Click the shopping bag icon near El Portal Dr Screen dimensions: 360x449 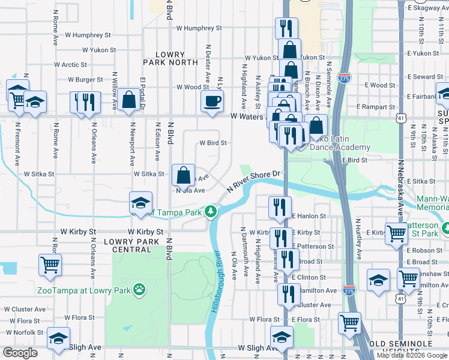pos(129,100)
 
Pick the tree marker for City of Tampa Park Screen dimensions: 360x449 pos(210,211)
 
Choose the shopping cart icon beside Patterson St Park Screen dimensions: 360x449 pos(396,233)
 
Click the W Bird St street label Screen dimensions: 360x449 pos(213,143)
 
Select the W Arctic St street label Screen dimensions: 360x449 pos(70,65)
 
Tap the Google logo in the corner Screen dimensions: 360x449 pos(20,353)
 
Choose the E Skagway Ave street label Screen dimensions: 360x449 pos(427,8)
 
